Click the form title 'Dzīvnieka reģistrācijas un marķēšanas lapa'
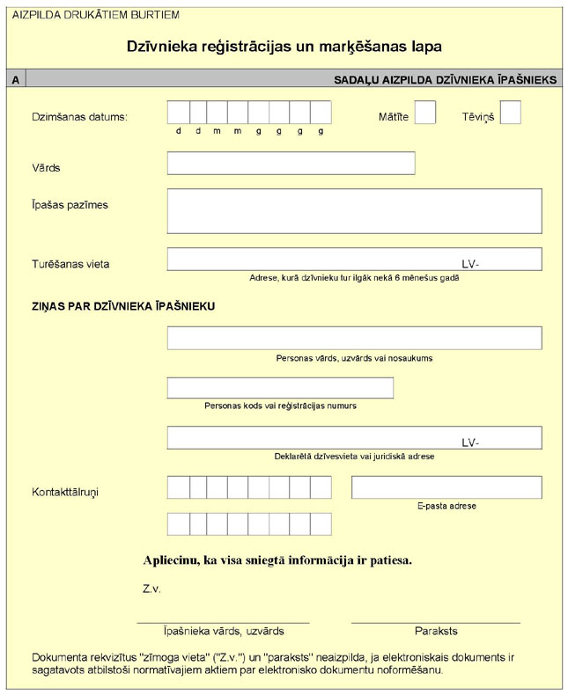[x=284, y=45]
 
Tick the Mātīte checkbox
[x=425, y=113]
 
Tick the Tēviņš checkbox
[x=510, y=113]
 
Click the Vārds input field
[x=291, y=164]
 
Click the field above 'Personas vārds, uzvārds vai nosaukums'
[x=354, y=339]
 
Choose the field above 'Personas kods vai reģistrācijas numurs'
[x=280, y=388]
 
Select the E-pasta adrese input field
[x=446, y=487]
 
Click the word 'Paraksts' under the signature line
[x=436, y=632]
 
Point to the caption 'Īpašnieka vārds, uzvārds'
[x=224, y=632]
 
